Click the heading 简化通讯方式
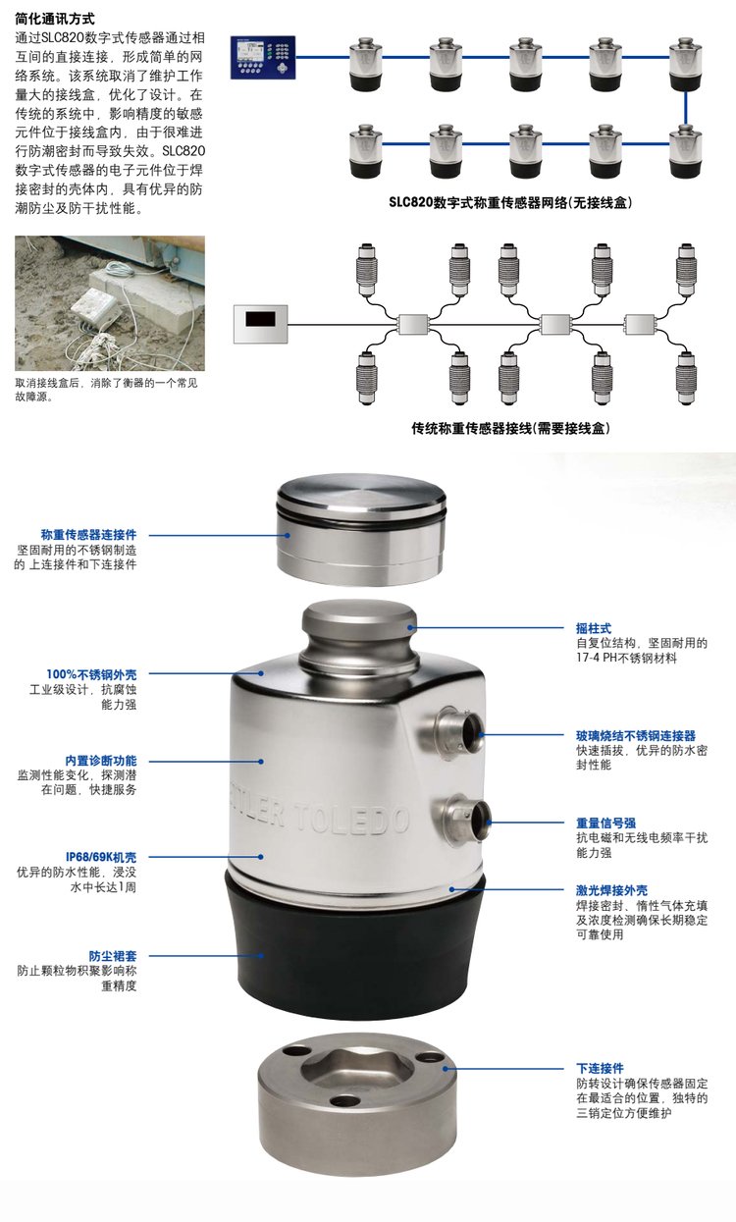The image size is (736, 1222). (55, 19)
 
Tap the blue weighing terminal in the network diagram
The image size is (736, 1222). (263, 57)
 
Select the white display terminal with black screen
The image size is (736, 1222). (261, 324)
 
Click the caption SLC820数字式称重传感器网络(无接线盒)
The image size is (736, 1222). (510, 202)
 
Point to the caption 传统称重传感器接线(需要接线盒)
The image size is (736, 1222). (510, 428)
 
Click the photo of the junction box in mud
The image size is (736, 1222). (110, 303)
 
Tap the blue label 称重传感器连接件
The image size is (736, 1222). (88, 535)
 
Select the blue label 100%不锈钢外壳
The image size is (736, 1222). (91, 674)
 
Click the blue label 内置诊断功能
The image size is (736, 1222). (101, 761)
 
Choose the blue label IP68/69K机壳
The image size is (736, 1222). (101, 857)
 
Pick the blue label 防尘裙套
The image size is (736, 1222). (113, 956)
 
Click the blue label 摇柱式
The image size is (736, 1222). (594, 628)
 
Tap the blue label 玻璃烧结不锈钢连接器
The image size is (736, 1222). (636, 735)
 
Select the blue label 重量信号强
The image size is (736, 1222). (605, 823)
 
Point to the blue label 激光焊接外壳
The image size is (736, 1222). (611, 890)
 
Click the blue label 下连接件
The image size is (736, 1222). (600, 1068)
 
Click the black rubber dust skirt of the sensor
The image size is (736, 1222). (354, 949)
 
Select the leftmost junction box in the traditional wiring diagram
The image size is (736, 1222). (413, 324)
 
